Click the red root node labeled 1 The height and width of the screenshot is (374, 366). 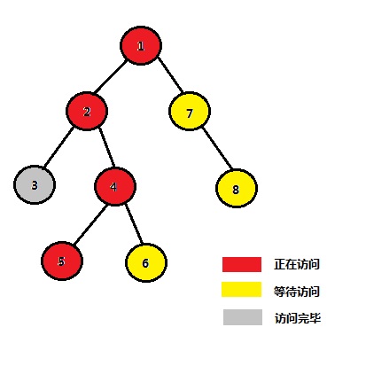point(141,45)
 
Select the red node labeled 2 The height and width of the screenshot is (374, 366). point(87,111)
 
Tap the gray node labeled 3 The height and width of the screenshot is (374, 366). point(35,185)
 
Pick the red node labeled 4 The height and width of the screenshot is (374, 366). point(115,186)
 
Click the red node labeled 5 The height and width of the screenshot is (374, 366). point(62,261)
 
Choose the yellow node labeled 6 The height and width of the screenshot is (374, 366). point(146,262)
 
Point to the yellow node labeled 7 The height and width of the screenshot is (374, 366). point(190,112)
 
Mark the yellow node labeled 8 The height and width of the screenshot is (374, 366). point(237,188)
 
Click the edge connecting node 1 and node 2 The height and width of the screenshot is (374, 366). point(111,76)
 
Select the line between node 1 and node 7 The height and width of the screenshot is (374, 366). point(170,74)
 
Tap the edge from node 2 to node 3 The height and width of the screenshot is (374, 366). point(58,147)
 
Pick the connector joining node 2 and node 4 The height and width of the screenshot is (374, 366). point(106,147)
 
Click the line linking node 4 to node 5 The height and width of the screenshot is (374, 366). point(90,224)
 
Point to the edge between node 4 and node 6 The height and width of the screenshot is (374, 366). point(134,223)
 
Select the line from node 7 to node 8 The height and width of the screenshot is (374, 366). point(217,148)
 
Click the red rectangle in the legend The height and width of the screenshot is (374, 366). point(242,264)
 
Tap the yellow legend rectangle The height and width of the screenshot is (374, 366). point(242,289)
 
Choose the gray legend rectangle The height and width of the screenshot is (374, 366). point(243,317)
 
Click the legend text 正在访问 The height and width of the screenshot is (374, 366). point(297,264)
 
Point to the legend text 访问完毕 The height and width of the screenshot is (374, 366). point(298,318)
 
